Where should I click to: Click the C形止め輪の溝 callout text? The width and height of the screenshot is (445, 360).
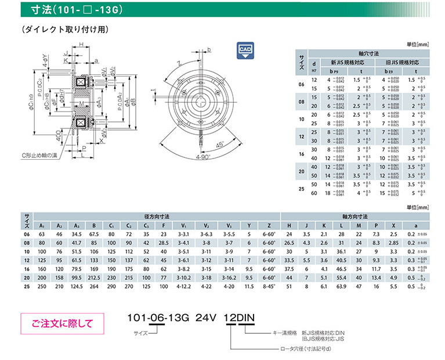[39, 156]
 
